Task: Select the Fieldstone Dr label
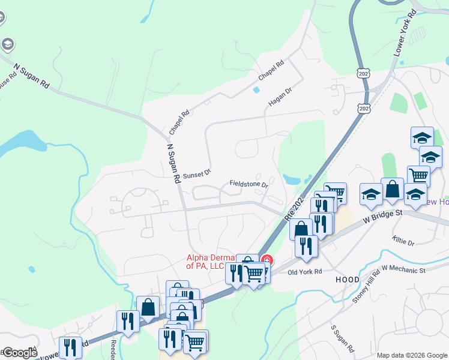(248, 184)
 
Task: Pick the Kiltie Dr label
(403, 242)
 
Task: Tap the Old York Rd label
(305, 271)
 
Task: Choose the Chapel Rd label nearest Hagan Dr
(271, 71)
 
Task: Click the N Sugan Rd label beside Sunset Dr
(174, 163)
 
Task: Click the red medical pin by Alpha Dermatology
(267, 260)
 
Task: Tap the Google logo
(20, 353)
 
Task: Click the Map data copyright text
(411, 355)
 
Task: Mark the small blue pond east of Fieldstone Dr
(292, 179)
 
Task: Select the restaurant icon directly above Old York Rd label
(306, 246)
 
